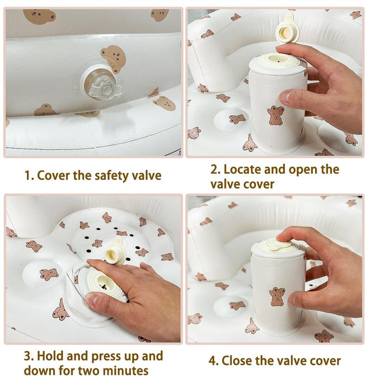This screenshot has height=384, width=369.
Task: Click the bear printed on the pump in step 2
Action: [276, 116]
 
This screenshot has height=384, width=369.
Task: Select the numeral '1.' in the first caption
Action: [29, 175]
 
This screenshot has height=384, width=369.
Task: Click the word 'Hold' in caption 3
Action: [50, 356]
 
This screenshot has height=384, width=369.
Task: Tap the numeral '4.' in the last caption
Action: [214, 361]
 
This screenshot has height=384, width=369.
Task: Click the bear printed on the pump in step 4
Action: [277, 297]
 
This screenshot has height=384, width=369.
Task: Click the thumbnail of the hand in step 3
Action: [93, 300]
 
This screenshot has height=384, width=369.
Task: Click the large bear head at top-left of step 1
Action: [39, 16]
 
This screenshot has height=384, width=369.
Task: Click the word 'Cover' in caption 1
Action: [53, 175]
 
